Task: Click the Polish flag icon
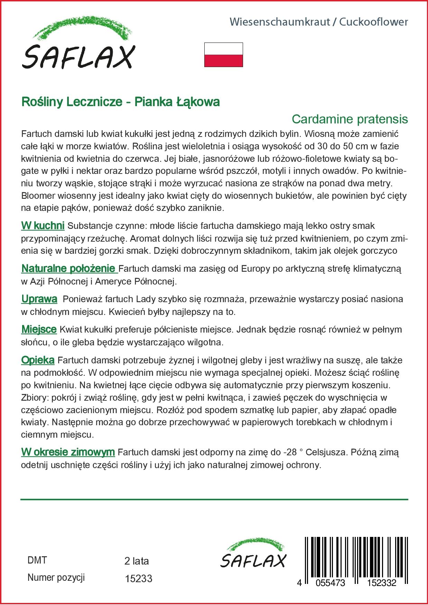(x=224, y=55)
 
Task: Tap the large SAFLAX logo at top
(x=78, y=47)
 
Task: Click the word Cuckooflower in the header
(x=373, y=22)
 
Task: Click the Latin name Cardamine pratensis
(x=350, y=119)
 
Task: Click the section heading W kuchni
(x=43, y=226)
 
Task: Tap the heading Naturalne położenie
(x=68, y=268)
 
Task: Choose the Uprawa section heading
(x=39, y=299)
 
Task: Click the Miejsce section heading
(x=39, y=329)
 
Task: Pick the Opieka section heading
(x=38, y=360)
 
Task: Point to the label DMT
(x=37, y=560)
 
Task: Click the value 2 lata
(x=137, y=561)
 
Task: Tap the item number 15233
(x=138, y=578)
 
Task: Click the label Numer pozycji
(x=56, y=577)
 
